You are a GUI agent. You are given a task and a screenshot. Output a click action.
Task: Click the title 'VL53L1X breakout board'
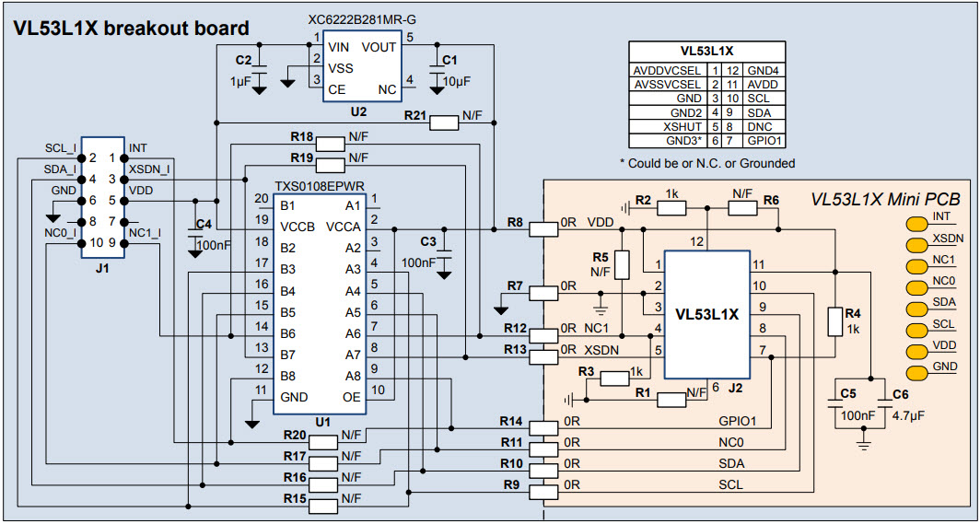tap(131, 29)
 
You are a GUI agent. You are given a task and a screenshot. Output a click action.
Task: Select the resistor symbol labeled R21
tap(444, 121)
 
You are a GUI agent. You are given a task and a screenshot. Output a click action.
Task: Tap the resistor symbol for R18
tap(330, 144)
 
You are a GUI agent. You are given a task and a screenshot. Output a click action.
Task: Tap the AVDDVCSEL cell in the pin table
tap(668, 70)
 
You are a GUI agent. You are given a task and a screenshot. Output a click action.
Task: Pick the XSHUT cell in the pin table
tap(683, 126)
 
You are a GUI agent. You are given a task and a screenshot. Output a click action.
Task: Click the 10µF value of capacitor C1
tap(455, 81)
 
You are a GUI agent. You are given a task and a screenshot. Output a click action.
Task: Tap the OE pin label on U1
tap(352, 397)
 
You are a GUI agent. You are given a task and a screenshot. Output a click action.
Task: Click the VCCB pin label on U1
tap(297, 227)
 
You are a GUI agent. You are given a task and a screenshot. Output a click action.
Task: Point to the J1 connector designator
tap(101, 269)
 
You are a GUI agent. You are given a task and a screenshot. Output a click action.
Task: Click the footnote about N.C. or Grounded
tap(707, 163)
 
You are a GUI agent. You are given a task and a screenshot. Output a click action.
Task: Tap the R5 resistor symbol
tap(622, 265)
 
